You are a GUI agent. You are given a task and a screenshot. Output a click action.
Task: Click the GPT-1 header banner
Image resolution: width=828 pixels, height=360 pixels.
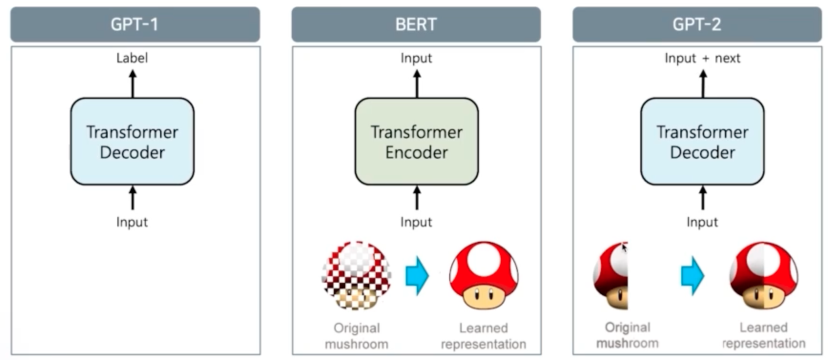[x=135, y=24]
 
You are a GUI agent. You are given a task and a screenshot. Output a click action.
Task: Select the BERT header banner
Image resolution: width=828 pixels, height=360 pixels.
[x=416, y=24]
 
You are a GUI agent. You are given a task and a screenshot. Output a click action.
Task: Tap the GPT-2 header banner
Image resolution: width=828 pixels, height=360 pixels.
[x=697, y=24]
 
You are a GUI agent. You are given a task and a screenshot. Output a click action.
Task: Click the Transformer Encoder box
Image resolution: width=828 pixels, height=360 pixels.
[x=416, y=142]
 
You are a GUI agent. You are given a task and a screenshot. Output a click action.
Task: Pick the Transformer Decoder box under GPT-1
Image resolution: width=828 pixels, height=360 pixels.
[x=132, y=142]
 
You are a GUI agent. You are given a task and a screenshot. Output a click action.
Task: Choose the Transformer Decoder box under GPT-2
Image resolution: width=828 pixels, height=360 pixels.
[x=702, y=142]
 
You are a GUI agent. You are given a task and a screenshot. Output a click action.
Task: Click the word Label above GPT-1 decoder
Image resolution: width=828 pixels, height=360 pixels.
[x=132, y=58]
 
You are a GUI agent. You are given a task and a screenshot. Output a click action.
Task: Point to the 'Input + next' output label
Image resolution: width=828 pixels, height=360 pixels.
[x=702, y=58]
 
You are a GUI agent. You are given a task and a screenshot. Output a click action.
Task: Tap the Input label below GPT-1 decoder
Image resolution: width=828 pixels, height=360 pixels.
[x=132, y=222]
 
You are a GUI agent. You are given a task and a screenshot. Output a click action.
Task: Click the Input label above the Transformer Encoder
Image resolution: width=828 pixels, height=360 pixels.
[x=416, y=58]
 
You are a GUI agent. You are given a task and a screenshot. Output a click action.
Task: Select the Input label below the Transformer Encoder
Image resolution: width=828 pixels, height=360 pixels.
[x=416, y=222]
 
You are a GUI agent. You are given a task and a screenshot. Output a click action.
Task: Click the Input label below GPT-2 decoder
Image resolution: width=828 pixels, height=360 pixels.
[x=702, y=222]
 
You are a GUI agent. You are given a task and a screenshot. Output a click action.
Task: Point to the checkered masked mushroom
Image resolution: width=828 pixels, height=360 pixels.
[x=357, y=275]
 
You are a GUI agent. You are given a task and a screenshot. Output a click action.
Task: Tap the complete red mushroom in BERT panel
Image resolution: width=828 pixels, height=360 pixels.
[x=484, y=275]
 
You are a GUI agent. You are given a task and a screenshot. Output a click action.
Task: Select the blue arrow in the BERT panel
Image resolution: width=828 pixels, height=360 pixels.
[x=417, y=276]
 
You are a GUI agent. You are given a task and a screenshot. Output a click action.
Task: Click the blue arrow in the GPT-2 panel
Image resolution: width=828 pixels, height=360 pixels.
[x=692, y=276]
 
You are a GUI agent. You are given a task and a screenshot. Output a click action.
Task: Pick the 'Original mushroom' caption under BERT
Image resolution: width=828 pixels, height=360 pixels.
[x=357, y=336]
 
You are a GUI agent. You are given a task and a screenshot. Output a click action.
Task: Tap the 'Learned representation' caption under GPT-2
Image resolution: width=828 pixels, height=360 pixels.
[x=764, y=335]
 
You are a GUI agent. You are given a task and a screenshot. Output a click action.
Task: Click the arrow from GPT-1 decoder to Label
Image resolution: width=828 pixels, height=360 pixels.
[x=133, y=84]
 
